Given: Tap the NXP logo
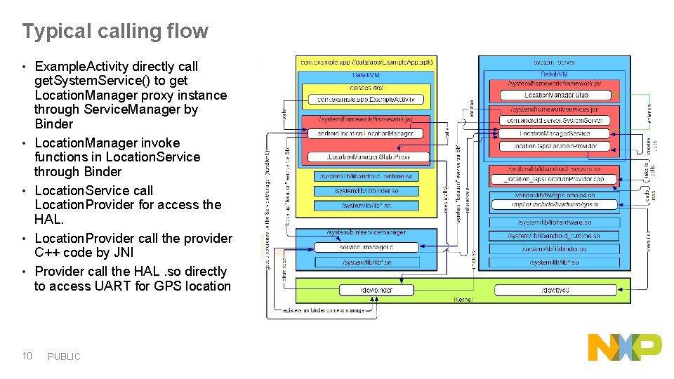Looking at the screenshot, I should pyautogui.click(x=624, y=347).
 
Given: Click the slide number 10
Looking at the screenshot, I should pyautogui.click(x=27, y=356).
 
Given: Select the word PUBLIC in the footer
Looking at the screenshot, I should pyautogui.click(x=64, y=357).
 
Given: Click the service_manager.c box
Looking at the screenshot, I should pyautogui.click(x=366, y=247).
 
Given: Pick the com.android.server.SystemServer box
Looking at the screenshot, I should pyautogui.click(x=554, y=121).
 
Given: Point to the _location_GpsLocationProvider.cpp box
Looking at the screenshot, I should pyautogui.click(x=554, y=179).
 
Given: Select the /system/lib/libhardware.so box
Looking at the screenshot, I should pyautogui.click(x=554, y=222).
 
